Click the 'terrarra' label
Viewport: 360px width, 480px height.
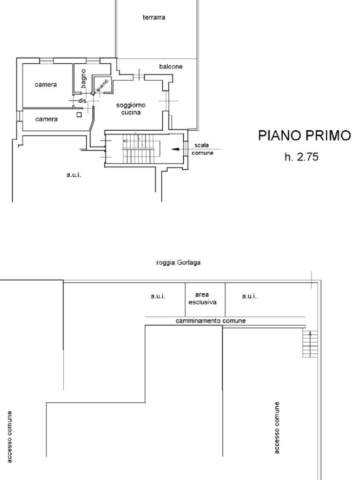(154, 17)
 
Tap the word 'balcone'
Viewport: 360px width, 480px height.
(171, 67)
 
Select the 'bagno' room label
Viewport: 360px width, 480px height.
(83, 79)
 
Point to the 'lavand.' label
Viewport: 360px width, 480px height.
(102, 85)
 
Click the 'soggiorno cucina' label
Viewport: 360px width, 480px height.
(131, 109)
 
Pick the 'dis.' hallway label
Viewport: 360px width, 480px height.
(83, 100)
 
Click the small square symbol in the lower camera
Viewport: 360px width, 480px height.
(79, 115)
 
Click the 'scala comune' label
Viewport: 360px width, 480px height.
(202, 149)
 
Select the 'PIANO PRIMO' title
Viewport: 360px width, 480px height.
(304, 135)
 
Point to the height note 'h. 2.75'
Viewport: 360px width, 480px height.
(301, 157)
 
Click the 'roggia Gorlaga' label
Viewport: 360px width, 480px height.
(178, 262)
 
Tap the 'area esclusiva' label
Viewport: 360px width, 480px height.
(202, 299)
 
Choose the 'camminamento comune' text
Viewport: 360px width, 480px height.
(210, 321)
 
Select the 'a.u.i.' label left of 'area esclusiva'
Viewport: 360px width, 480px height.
(158, 296)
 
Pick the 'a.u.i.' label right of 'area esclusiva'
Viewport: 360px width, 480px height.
(249, 296)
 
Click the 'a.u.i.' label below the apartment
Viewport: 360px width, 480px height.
(74, 175)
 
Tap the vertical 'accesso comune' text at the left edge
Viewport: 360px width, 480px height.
(10, 437)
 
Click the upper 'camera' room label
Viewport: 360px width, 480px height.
(46, 84)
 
